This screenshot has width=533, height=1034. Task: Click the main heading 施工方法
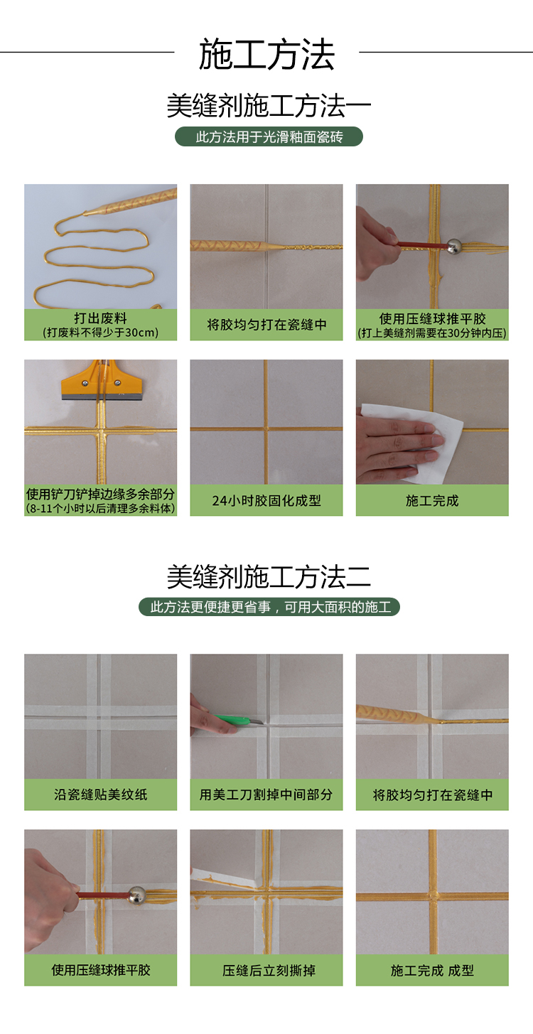[x=266, y=55]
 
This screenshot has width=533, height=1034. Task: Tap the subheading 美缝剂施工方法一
[x=269, y=106]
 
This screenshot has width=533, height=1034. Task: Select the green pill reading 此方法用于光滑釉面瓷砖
[x=269, y=136]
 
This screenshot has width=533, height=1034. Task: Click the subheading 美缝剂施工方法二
[x=269, y=576]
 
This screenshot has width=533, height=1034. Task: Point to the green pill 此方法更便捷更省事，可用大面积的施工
[x=269, y=607]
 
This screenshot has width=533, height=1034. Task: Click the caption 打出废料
[x=101, y=318]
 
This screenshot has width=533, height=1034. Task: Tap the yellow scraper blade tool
[x=97, y=382]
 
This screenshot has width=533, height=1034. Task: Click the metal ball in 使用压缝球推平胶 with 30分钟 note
[x=453, y=246]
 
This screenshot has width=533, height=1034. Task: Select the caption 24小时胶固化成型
[x=266, y=500]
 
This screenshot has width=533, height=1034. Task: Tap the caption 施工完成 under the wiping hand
[x=432, y=500]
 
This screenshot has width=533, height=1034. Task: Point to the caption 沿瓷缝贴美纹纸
[x=101, y=795]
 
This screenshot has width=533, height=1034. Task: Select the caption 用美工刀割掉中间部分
[x=266, y=795]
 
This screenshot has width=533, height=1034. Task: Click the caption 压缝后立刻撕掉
[x=269, y=970]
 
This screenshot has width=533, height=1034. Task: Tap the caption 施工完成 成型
[x=432, y=970]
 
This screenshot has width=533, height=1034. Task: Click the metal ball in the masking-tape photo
[x=136, y=894]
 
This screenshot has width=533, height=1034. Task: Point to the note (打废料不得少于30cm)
[x=101, y=333]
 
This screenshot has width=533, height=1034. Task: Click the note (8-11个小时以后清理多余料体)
[x=101, y=508]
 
